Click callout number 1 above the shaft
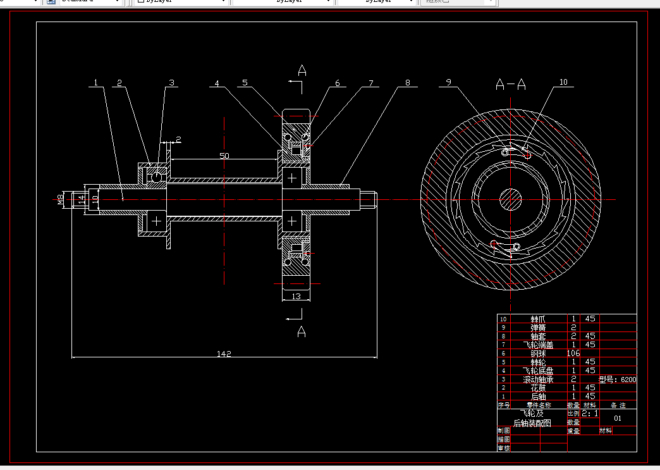click(x=95, y=82)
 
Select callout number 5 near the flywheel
click(x=245, y=82)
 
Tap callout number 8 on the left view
click(x=408, y=82)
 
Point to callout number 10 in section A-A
click(x=563, y=82)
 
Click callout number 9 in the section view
click(x=448, y=82)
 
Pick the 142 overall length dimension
click(x=224, y=354)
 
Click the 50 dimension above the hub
click(x=224, y=156)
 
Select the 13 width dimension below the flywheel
click(x=296, y=296)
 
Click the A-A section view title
click(x=511, y=84)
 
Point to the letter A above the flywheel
click(x=302, y=70)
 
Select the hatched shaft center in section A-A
click(x=511, y=200)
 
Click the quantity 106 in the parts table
click(x=573, y=353)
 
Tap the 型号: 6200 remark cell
click(x=617, y=380)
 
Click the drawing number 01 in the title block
click(x=618, y=418)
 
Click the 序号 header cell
click(x=504, y=405)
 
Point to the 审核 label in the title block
click(x=504, y=448)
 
